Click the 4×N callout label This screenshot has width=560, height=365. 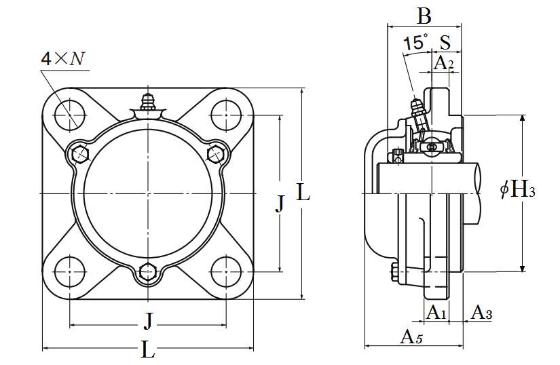coord(63,58)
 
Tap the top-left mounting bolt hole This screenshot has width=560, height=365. coord(70,115)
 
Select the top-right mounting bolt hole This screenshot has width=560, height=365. coord(226,115)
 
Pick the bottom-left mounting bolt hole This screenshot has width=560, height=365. coord(70,271)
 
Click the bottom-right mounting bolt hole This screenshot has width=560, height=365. coord(226,271)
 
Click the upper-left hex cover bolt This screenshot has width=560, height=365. coord(80,154)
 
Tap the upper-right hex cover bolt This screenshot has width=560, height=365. coord(216,154)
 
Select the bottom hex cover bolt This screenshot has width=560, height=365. coord(147,272)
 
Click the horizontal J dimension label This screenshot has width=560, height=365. coord(148,320)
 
